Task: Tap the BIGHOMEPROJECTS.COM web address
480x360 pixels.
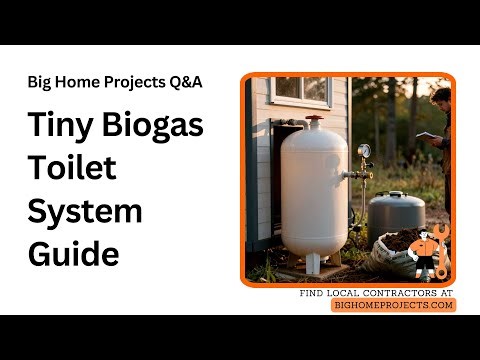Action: tap(393, 305)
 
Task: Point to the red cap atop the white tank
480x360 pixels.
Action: tap(314, 119)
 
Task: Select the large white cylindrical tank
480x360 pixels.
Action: tap(314, 190)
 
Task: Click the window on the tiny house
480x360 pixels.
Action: tap(292, 91)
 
